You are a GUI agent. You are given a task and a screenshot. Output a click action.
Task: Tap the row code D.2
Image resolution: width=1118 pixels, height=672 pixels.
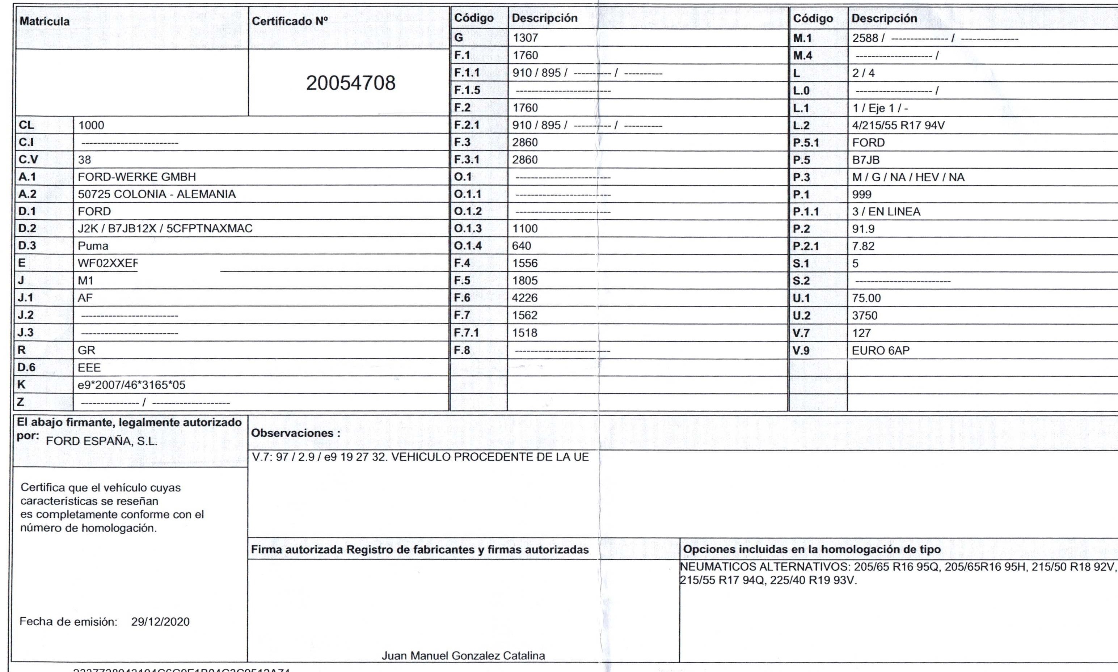27,229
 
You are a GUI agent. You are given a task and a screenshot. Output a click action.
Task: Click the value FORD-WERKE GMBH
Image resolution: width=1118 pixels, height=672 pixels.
137,177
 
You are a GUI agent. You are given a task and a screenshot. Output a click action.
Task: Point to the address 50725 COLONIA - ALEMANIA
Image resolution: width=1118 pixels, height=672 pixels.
157,194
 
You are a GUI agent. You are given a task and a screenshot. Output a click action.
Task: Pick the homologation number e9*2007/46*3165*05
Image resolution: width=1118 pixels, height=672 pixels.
131,385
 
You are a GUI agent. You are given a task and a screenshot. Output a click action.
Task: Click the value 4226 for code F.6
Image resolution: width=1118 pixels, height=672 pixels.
525,298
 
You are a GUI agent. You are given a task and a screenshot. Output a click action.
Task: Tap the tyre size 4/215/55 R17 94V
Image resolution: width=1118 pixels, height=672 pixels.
898,126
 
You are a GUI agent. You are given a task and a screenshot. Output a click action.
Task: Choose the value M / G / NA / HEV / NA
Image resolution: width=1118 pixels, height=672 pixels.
908,177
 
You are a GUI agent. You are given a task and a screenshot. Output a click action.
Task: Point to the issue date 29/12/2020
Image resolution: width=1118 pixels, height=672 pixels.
160,622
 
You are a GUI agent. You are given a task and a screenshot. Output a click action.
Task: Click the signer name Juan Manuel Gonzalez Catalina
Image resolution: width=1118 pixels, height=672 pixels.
463,656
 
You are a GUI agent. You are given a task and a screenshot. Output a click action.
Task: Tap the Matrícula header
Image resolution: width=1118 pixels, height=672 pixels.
45,21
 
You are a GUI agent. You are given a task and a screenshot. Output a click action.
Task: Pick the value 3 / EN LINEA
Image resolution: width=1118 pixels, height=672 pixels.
886,211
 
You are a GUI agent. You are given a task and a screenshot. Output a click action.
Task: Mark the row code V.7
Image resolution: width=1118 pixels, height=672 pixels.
801,333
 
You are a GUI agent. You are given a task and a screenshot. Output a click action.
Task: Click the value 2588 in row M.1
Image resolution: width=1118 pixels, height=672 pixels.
865,38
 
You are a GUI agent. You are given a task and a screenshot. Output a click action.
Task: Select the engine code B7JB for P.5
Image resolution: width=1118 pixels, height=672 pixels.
866,160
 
